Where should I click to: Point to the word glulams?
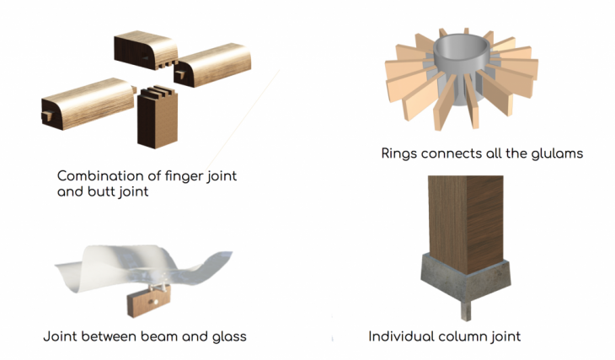(558, 153)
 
